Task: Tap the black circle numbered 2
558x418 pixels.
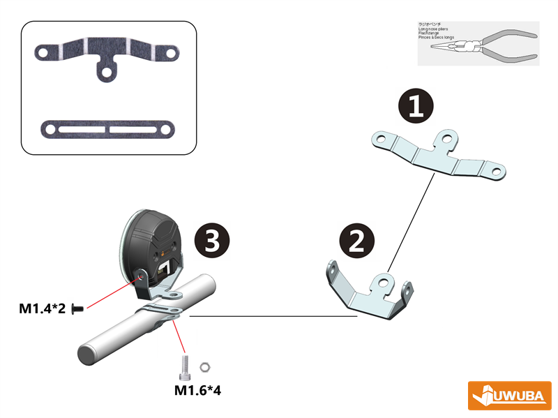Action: click(357, 241)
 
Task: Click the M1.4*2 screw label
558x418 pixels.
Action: click(43, 308)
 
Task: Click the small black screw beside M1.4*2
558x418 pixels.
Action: click(77, 308)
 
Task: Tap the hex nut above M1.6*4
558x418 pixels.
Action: click(205, 366)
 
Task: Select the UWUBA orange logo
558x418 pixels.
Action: click(509, 396)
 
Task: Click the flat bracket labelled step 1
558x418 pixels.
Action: click(437, 155)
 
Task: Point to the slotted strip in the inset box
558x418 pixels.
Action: click(108, 130)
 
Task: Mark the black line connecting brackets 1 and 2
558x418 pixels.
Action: click(413, 223)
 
